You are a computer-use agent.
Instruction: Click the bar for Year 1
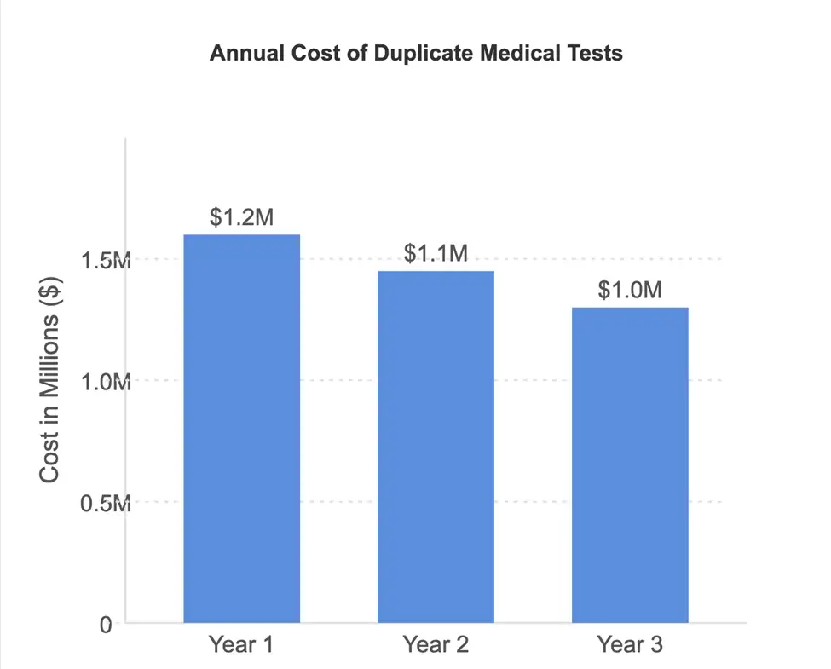242,428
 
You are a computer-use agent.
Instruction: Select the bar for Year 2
436,447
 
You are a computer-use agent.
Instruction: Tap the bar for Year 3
630,464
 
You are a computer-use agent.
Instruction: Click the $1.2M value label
242,217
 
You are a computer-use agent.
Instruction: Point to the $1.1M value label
436,253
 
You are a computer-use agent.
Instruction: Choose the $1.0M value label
630,290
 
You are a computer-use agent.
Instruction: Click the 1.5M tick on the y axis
105,260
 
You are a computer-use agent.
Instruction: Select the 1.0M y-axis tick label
105,382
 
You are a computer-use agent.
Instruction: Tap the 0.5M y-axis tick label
105,504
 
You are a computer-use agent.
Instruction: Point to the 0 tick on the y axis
106,625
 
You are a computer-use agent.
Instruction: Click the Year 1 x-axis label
242,645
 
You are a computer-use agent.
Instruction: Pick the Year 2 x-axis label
436,645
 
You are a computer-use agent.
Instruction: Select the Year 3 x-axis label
630,645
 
